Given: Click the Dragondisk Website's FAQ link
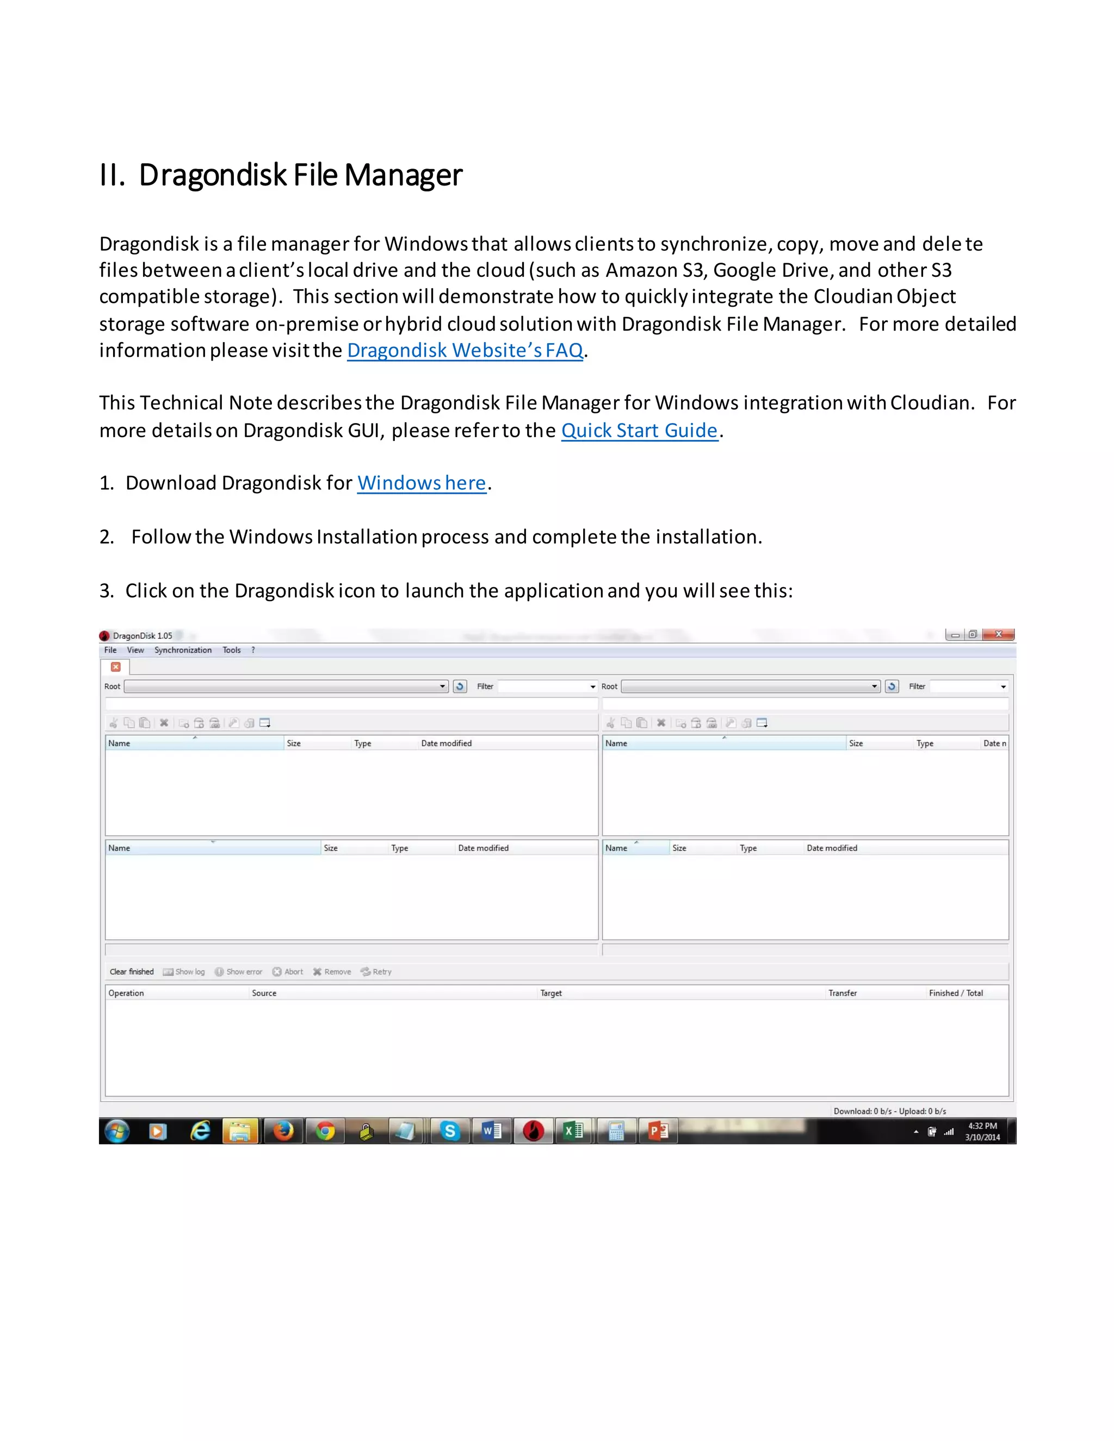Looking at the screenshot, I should [465, 350].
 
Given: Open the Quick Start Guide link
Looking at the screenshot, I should [639, 430].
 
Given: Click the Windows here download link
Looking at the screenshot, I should [422, 483].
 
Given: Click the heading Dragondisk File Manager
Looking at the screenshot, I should [281, 175].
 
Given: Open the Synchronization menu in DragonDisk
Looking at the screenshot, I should [183, 650].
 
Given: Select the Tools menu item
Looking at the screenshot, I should [232, 650].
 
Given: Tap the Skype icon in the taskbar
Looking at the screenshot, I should [450, 1131].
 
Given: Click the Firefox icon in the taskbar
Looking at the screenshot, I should [283, 1131].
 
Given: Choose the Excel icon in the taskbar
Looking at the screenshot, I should [573, 1131].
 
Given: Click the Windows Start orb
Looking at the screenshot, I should [117, 1131].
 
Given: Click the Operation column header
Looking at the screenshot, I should [126, 993].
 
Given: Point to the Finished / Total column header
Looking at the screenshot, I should [955, 993].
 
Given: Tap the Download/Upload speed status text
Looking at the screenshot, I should [889, 1111].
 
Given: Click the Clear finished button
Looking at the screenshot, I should [131, 972].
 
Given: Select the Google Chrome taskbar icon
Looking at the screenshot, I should [325, 1131].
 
